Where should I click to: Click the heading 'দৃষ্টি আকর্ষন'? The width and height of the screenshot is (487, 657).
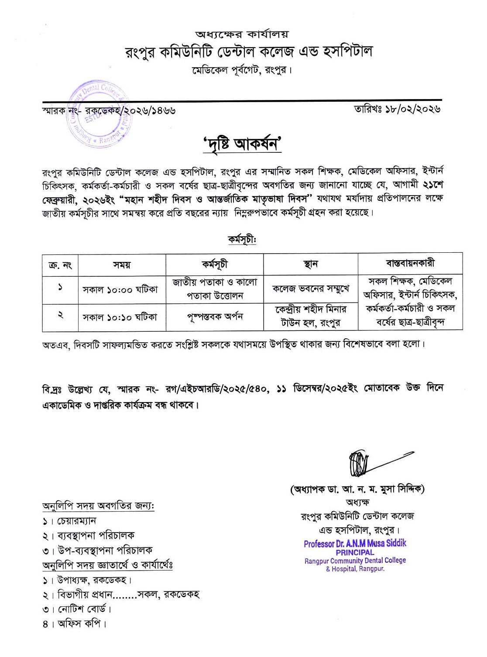click(x=242, y=144)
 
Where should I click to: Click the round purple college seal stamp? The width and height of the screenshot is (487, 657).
click(x=99, y=114)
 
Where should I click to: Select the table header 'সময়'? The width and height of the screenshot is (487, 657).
click(x=122, y=265)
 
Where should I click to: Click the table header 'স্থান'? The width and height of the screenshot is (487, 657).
click(x=310, y=264)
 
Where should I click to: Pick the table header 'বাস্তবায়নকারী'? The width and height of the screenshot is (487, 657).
click(x=410, y=263)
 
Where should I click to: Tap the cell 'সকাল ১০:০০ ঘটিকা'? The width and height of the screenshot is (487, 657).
click(x=120, y=289)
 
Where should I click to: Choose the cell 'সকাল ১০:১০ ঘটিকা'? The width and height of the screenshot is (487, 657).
click(x=120, y=317)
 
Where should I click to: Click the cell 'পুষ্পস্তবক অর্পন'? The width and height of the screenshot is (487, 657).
click(x=215, y=316)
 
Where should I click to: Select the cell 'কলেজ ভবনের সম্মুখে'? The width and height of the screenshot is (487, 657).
click(x=311, y=289)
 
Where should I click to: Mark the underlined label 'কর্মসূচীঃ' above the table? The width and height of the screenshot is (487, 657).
click(x=242, y=239)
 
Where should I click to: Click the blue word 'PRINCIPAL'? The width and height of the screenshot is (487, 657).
click(x=355, y=552)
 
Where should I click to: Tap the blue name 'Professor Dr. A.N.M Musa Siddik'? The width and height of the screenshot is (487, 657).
click(x=355, y=543)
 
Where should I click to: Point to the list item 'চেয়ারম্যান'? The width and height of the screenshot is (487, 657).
click(x=76, y=521)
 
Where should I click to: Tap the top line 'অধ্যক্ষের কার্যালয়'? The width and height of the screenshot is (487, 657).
click(x=242, y=34)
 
